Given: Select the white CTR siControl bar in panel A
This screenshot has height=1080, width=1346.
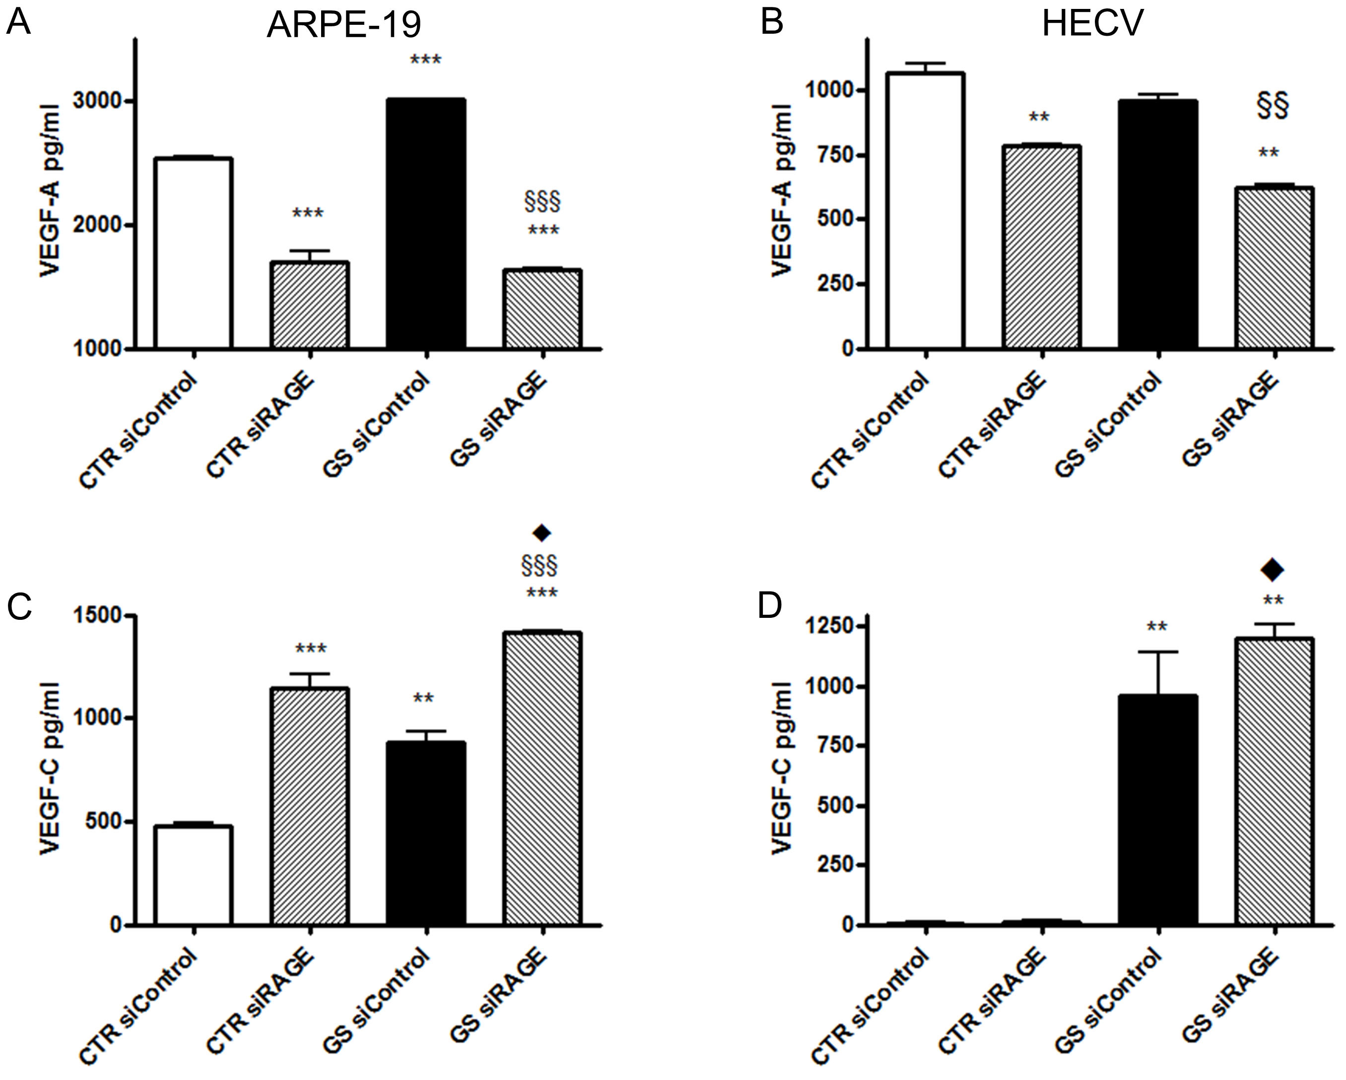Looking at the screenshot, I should pyautogui.click(x=194, y=253).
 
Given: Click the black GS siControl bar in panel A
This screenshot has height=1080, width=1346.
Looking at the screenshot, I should pyautogui.click(x=426, y=223).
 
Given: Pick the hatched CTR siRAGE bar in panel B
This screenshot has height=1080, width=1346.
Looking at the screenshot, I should pyautogui.click(x=1042, y=246).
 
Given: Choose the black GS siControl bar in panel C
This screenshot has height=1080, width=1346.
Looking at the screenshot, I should pyautogui.click(x=426, y=833).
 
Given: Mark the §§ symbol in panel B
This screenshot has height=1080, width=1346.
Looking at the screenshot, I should pyautogui.click(x=1273, y=107).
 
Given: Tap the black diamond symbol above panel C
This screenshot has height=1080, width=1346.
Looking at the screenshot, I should pyautogui.click(x=541, y=532).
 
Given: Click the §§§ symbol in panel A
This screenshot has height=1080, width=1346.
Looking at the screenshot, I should pyautogui.click(x=543, y=201).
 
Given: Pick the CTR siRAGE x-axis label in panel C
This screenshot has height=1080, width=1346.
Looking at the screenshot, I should pyautogui.click(x=261, y=995).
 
